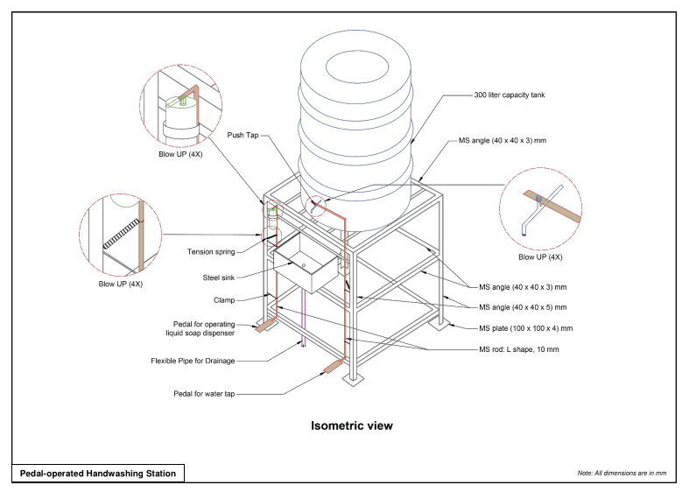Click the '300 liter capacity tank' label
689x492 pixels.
[510, 95]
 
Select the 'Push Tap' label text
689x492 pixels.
[243, 135]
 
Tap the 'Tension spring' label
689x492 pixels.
[211, 252]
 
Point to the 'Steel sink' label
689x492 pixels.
[219, 278]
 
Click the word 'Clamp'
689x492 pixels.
[223, 299]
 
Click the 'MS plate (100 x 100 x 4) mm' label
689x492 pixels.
[525, 328]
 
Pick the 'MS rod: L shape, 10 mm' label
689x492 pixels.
[518, 349]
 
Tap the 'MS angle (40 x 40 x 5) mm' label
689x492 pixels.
[523, 307]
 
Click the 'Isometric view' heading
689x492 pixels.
[352, 426]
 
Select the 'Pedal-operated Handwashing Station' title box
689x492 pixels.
[98, 473]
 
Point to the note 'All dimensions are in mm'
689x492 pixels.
[622, 473]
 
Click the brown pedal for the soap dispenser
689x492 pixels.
[264, 326]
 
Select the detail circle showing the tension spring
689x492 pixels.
[121, 235]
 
